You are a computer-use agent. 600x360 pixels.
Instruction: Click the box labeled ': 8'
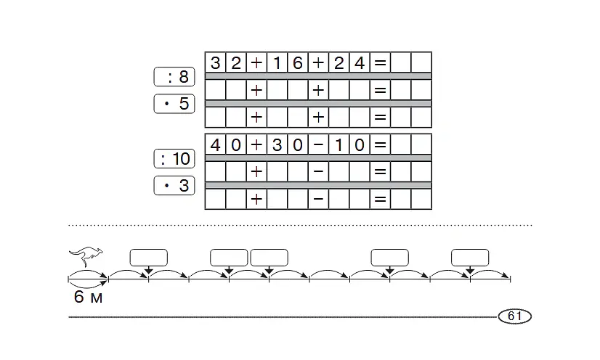(x=174, y=77)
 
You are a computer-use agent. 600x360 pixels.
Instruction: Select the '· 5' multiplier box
(x=174, y=104)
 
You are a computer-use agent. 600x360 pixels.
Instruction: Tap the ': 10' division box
(x=174, y=159)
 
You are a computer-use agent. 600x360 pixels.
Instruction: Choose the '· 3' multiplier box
(x=174, y=185)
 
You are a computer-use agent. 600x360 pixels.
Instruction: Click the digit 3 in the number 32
(x=216, y=62)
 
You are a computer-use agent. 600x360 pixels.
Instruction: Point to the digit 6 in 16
(x=298, y=62)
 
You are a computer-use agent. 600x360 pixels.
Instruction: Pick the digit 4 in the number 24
(x=360, y=62)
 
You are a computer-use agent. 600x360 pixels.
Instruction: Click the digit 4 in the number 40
(x=216, y=145)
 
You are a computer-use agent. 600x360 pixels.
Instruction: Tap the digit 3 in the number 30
(x=277, y=145)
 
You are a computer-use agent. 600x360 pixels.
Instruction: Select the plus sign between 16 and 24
(x=318, y=62)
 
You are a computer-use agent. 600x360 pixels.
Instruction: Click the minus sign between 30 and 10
(x=318, y=145)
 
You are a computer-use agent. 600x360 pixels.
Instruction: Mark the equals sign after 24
(x=380, y=62)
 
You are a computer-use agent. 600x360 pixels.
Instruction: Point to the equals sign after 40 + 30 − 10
(x=380, y=145)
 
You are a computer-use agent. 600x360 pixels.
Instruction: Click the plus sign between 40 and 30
(x=256, y=145)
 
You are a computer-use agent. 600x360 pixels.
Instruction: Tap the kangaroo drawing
(x=86, y=256)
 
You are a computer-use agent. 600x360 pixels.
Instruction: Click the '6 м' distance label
(x=88, y=297)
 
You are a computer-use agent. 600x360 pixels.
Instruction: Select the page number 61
(x=515, y=316)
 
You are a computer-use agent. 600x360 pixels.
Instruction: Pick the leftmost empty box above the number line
(x=148, y=258)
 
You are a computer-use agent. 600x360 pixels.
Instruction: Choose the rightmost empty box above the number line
(x=470, y=258)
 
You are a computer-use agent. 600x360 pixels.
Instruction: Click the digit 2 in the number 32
(x=236, y=62)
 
